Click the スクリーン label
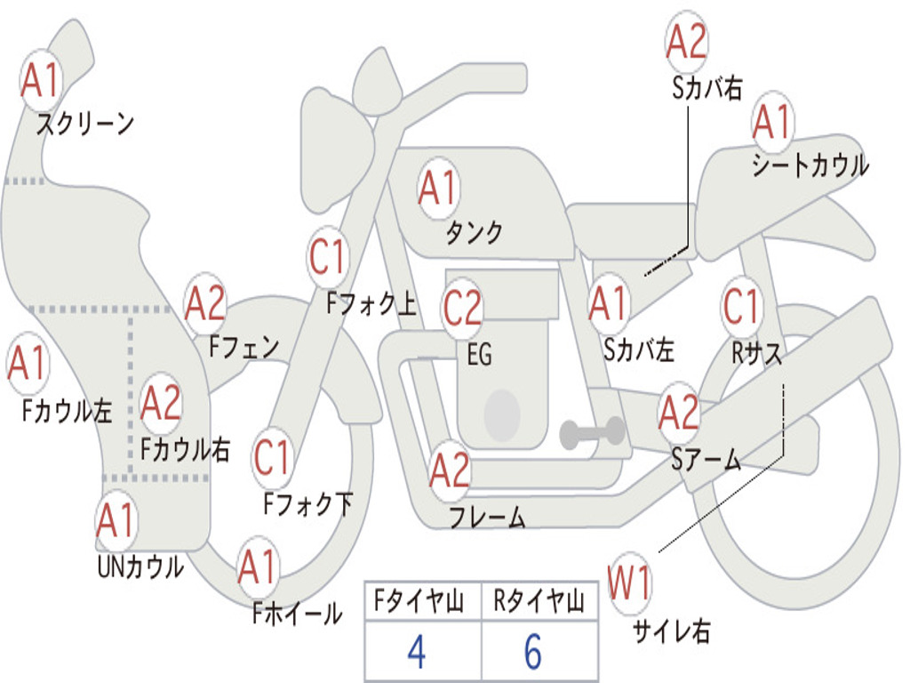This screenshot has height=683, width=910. coord(85,124)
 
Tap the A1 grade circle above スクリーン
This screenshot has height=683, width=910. coord(41,80)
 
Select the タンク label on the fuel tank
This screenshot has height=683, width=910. coord(475,232)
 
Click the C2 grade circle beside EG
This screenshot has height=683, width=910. coord(462,307)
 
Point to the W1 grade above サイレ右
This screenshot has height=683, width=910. coord(628,583)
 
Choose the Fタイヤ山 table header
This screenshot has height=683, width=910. coord(419,600)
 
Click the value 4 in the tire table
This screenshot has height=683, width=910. coord(417,652)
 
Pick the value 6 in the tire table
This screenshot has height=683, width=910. coord(533,652)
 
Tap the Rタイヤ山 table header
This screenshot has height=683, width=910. coord(539,600)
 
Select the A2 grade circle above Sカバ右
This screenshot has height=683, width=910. coord(687,42)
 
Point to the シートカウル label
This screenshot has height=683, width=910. coord(810,165)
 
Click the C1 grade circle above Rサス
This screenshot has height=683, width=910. coord(741,306)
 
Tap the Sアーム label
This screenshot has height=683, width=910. coord(706,460)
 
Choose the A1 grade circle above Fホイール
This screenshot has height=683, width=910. coord(257,566)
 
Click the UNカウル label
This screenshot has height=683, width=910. coord(140,566)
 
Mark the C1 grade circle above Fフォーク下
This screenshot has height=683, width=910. coord(272,458)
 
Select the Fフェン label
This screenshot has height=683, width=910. coord(243,348)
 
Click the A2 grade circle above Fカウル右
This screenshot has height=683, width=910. coord(161,403)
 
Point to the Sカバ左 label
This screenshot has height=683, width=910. coord(638,350)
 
